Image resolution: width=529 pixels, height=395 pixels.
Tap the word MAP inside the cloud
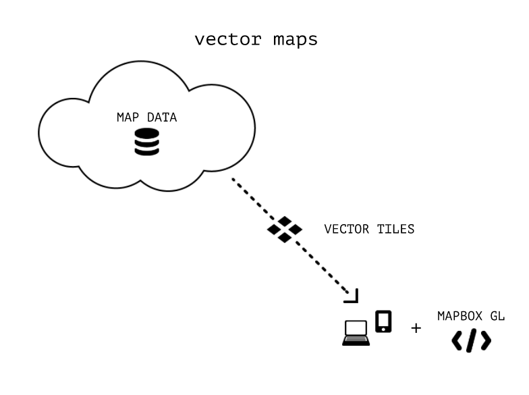tap(127, 117)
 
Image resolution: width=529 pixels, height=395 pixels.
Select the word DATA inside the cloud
tap(162, 117)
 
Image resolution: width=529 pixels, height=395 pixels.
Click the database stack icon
tap(146, 142)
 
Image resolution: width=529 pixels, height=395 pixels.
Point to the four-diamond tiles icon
tap(284, 230)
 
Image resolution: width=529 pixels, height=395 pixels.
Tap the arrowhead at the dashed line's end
tap(352, 296)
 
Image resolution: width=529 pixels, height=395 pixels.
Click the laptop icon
tap(356, 332)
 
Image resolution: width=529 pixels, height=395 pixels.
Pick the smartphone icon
tap(383, 321)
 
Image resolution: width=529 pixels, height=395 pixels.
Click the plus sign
tap(416, 328)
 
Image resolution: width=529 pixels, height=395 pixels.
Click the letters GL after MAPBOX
tap(497, 315)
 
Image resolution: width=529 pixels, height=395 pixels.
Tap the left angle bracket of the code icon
tap(457, 341)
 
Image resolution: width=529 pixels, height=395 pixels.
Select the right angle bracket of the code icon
tap(485, 341)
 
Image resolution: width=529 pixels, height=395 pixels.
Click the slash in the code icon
tap(471, 341)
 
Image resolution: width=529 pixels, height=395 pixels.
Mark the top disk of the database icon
tap(146, 134)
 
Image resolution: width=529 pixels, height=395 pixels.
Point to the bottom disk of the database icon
tap(146, 151)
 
